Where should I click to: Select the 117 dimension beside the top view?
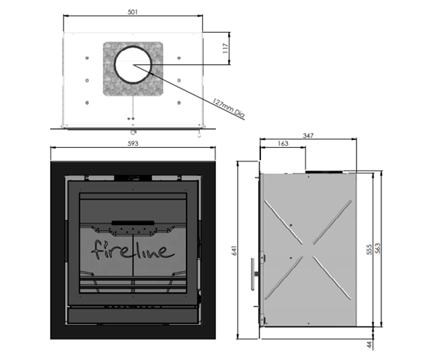pos(226,51)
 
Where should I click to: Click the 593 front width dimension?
pos(133,144)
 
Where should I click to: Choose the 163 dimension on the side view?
pos(282,144)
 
